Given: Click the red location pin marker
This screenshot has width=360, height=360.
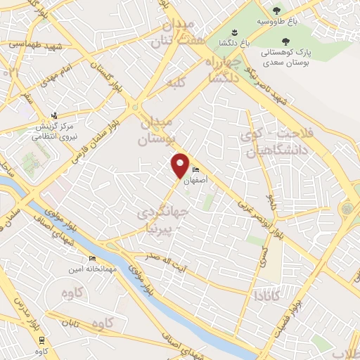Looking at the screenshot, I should pyautogui.click(x=181, y=165).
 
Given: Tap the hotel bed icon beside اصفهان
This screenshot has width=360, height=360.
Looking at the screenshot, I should pyautogui.click(x=196, y=170).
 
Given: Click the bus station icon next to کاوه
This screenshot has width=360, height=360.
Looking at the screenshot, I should pyautogui.click(x=41, y=340).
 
